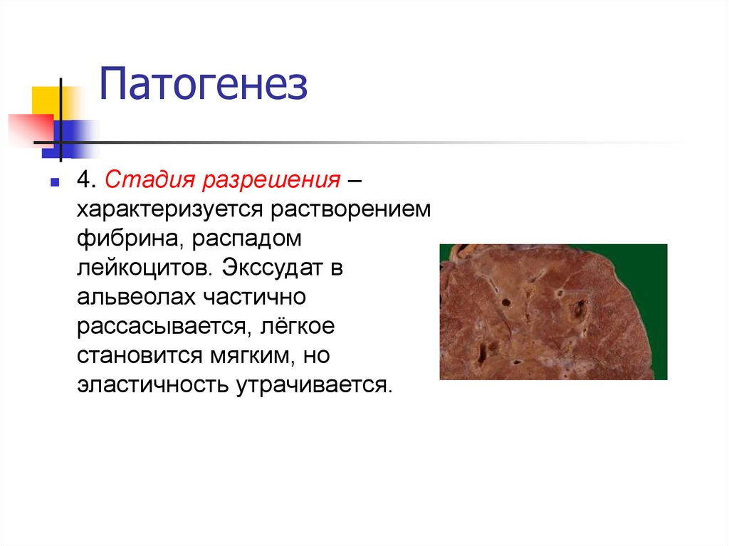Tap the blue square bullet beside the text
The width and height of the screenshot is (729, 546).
pos(54,183)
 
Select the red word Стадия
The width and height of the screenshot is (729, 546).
pos(150,179)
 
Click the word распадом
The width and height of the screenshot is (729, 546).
pos(249,239)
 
